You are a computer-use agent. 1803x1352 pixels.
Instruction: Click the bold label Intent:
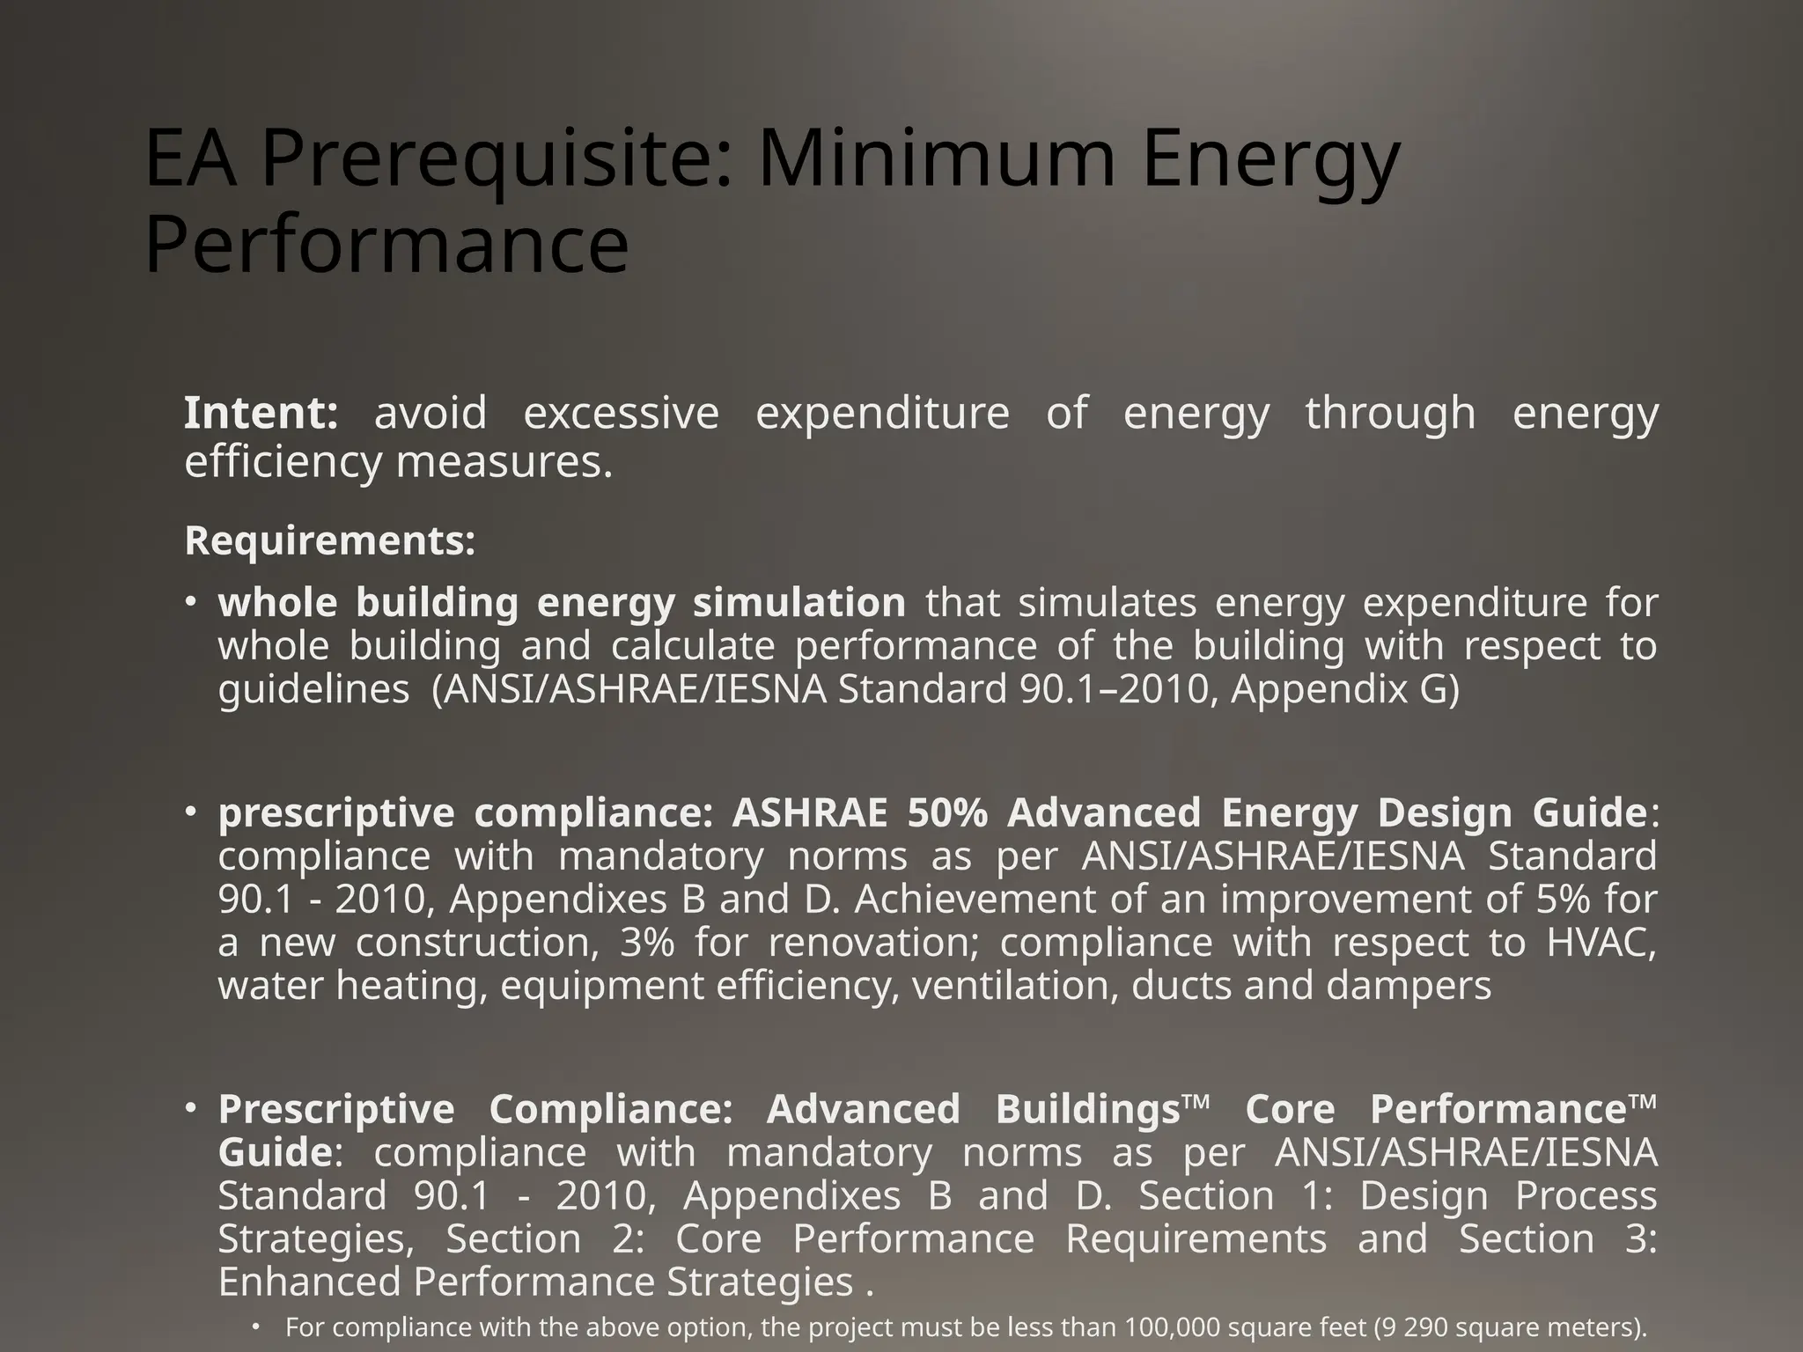click(x=261, y=413)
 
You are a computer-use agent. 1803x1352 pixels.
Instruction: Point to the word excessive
click(x=621, y=413)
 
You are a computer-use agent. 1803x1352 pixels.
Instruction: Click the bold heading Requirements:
click(x=330, y=540)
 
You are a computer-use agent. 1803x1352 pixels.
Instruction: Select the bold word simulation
click(x=798, y=603)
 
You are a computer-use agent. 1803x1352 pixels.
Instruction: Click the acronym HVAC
click(x=1601, y=943)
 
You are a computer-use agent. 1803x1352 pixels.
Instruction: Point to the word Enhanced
click(x=312, y=1282)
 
